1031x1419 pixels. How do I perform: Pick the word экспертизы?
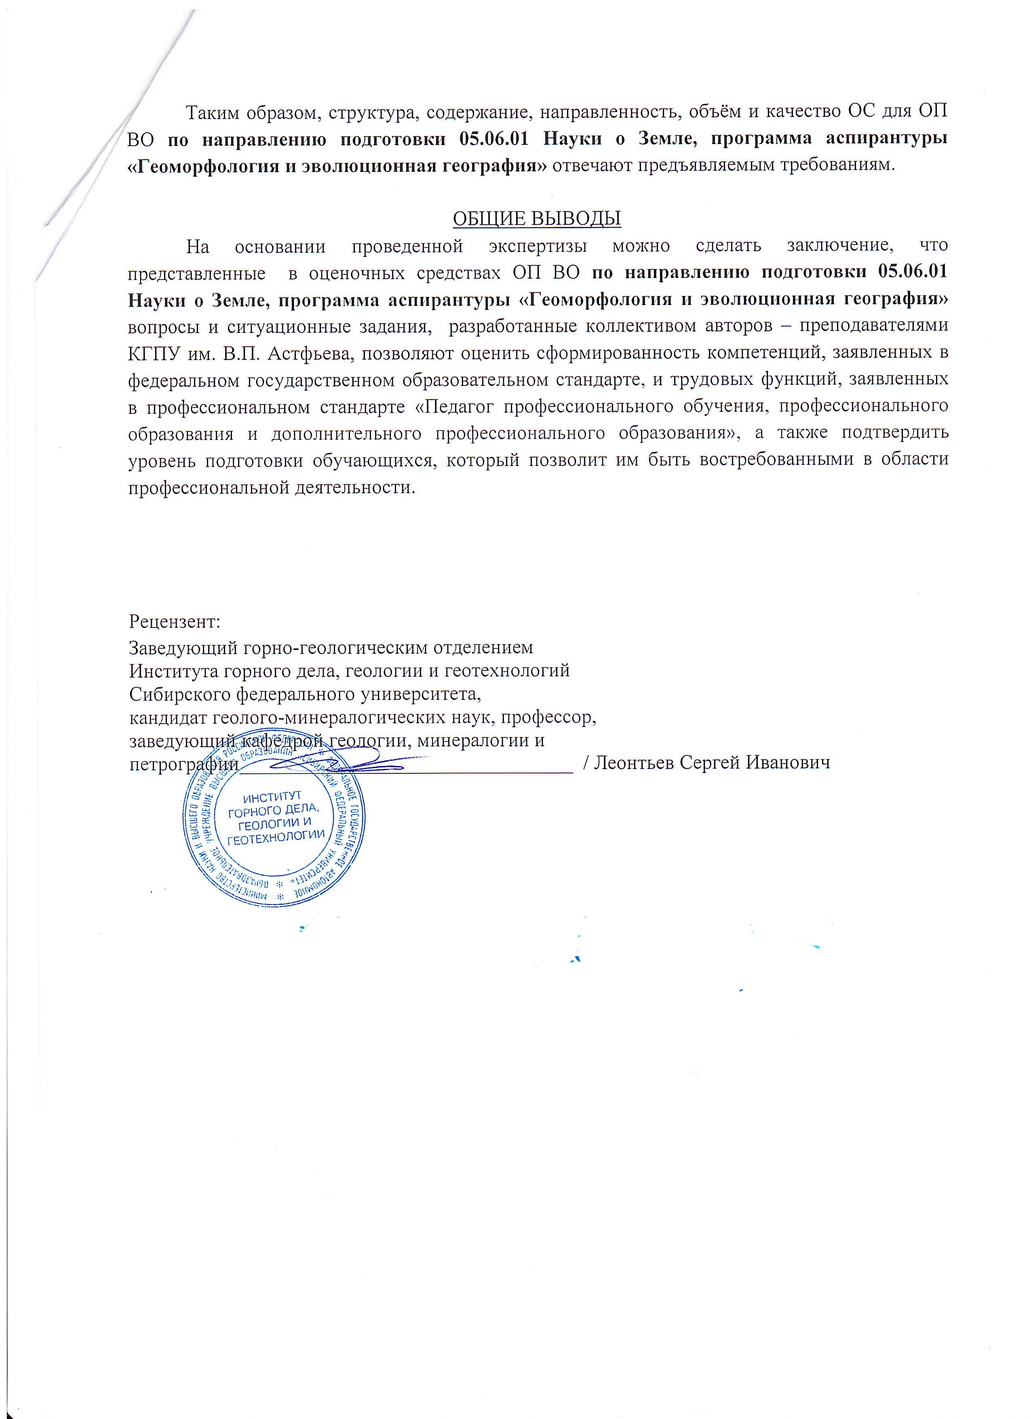[x=538, y=246]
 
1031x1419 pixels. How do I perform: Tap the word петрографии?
[x=184, y=765]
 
